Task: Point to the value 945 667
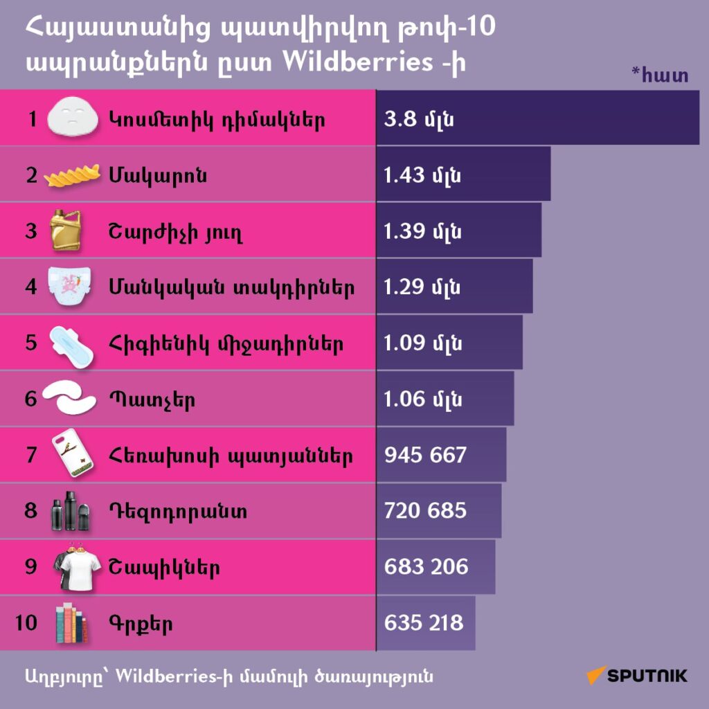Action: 425,456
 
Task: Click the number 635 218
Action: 424,623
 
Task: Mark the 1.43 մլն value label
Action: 423,176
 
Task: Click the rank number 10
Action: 27,623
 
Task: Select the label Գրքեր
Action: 140,624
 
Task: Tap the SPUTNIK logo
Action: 638,675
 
